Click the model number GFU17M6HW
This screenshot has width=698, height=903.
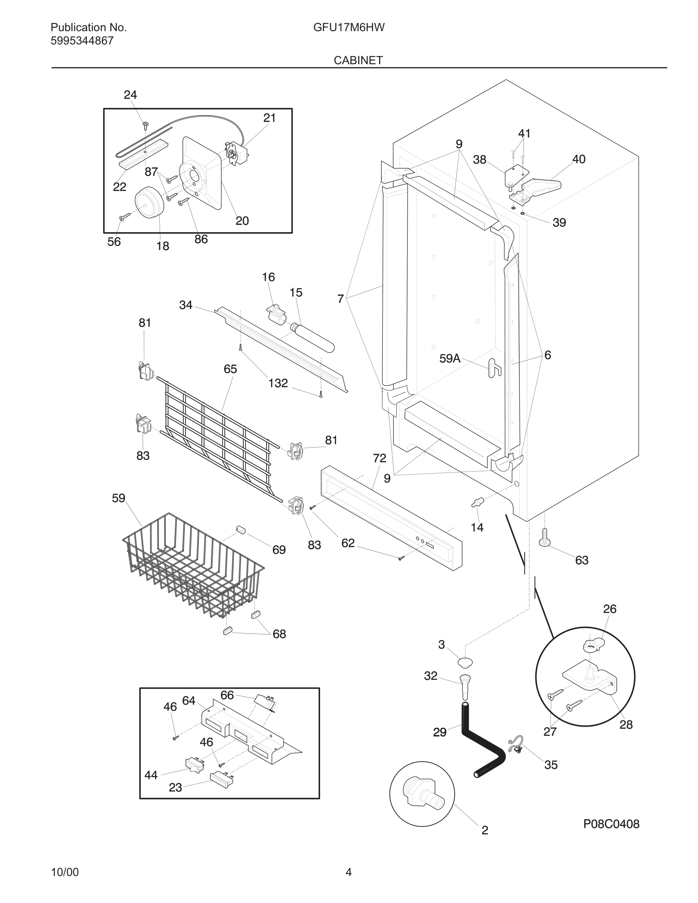pos(349,27)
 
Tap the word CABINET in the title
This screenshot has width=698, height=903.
pos(358,60)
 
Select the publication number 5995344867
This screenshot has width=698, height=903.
pos(82,41)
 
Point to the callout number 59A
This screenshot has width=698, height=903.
pos(449,358)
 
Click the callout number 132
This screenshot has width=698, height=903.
pos(278,383)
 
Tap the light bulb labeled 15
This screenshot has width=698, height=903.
pos(313,338)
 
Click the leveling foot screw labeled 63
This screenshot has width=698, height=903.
pos(544,539)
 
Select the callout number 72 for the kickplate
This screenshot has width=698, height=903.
pos(379,458)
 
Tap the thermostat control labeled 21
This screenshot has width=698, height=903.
pos(237,154)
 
